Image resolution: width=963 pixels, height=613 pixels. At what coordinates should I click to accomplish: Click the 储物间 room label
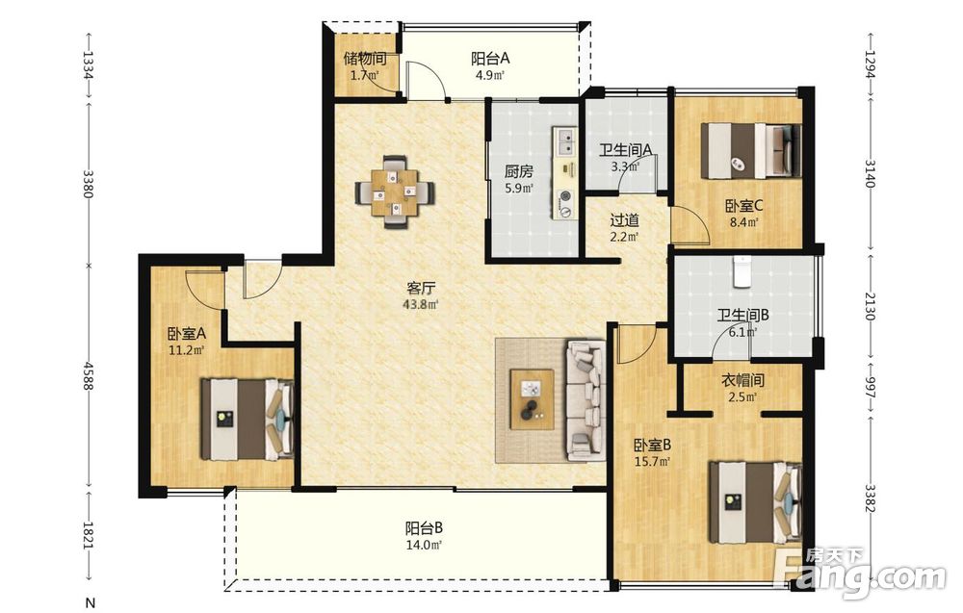click(365, 59)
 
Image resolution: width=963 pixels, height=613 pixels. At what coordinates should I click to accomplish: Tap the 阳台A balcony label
click(491, 59)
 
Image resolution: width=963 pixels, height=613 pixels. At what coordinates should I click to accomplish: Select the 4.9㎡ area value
click(490, 76)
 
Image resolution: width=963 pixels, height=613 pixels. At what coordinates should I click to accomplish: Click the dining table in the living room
click(396, 192)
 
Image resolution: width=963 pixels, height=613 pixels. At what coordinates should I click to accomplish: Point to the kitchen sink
click(565, 141)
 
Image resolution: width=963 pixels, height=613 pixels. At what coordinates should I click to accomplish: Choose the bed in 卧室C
click(751, 150)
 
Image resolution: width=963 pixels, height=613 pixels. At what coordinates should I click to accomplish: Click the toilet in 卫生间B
click(743, 270)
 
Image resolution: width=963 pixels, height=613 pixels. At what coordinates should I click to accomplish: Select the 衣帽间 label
click(742, 381)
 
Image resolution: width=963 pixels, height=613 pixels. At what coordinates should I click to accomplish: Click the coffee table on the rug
click(532, 400)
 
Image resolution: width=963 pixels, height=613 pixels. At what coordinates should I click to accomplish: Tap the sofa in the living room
click(586, 400)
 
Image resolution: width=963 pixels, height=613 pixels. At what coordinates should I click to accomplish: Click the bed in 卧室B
click(756, 503)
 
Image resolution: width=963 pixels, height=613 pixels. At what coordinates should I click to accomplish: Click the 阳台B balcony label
click(425, 527)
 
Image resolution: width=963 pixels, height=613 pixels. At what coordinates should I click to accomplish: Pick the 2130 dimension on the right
click(870, 305)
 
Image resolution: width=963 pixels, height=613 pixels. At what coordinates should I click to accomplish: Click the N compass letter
click(91, 602)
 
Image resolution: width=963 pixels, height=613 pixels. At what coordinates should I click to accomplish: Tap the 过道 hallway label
click(625, 219)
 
